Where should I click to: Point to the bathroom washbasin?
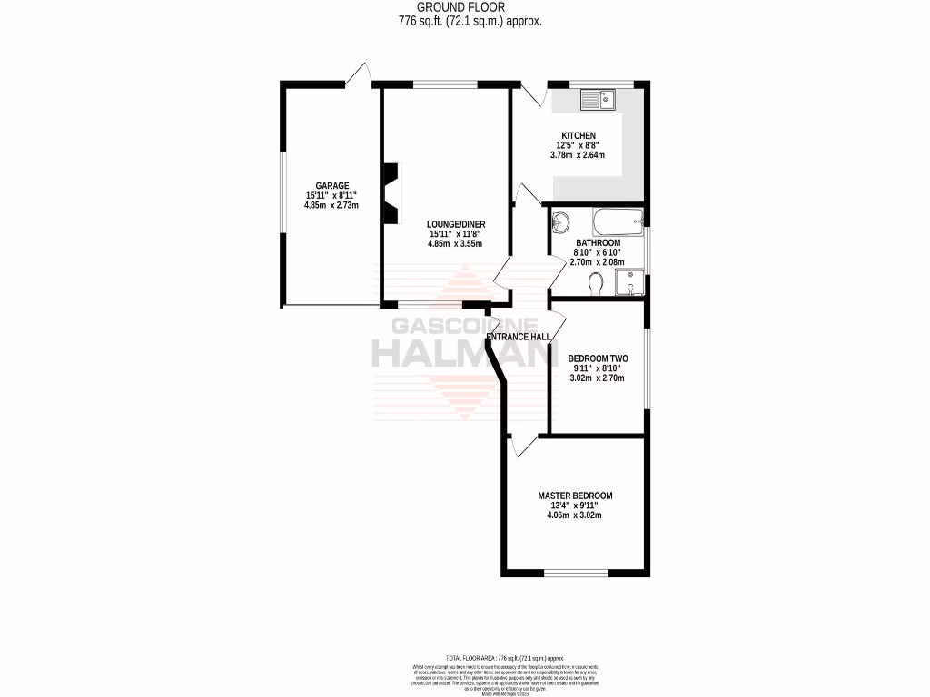click(561, 221)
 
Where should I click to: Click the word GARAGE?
click(331, 186)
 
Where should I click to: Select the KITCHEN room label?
click(578, 136)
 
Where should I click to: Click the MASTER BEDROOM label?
click(575, 496)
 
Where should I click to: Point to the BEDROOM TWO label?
click(598, 358)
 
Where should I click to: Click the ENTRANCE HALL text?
click(519, 337)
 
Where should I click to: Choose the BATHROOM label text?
click(598, 243)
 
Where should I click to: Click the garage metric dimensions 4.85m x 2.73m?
click(331, 205)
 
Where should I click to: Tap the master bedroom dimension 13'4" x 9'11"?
click(575, 506)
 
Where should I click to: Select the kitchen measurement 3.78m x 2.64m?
click(578, 155)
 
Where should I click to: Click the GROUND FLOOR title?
click(470, 7)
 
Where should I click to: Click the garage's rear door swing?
click(363, 74)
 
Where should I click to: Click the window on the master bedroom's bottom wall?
click(576, 572)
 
